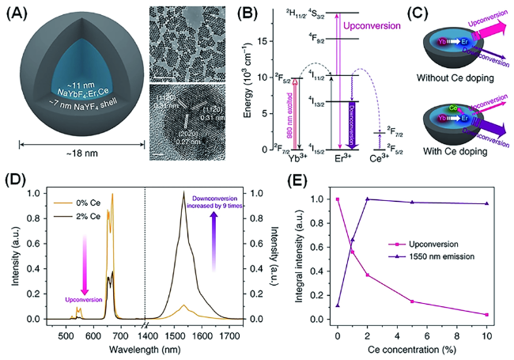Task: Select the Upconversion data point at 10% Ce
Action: tap(486, 315)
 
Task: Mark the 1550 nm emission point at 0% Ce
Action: tap(338, 305)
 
